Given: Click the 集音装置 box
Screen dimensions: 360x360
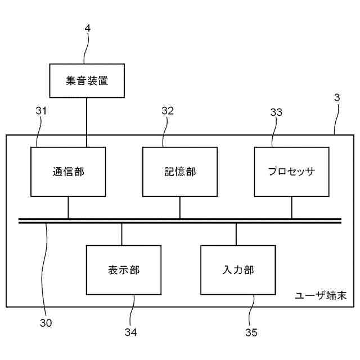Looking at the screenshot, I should point(86,80).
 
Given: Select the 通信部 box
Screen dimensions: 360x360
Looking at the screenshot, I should point(68,172).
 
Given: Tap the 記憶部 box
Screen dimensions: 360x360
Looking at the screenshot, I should point(180,172).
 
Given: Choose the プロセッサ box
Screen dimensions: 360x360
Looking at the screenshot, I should point(291,172).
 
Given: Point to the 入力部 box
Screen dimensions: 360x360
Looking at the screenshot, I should point(238,270).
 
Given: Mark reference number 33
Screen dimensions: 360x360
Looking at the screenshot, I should point(276,112).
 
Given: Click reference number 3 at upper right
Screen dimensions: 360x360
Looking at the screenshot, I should point(336,97).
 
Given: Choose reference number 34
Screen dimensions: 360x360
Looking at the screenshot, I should point(131,332).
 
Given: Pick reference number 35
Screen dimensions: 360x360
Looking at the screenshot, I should point(251,332).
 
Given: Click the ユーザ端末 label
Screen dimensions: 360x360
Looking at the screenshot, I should point(322,295).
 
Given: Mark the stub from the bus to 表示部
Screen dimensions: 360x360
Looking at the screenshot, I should point(122,234).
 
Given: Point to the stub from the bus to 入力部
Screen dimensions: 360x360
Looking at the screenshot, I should point(236,234).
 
